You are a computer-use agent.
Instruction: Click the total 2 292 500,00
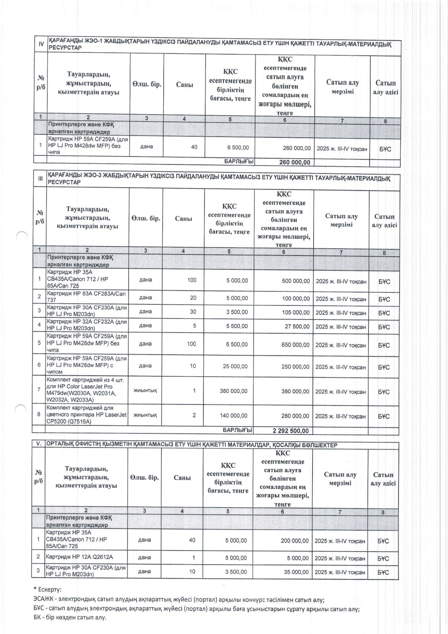click(x=290, y=430)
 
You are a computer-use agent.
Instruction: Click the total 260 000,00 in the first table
click(x=295, y=162)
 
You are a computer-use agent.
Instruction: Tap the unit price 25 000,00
click(x=235, y=366)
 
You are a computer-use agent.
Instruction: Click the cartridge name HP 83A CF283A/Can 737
click(x=86, y=297)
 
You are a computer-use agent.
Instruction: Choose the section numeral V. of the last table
click(x=38, y=445)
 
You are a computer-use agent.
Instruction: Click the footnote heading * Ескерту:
click(x=47, y=590)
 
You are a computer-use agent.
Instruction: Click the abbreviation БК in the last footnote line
click(x=37, y=617)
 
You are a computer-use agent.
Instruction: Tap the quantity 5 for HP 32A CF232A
click(x=194, y=326)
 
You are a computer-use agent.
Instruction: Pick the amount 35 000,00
click(x=296, y=572)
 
